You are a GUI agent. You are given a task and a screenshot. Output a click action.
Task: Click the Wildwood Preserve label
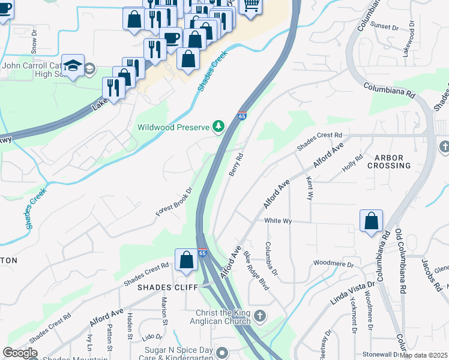pyautogui.click(x=173, y=127)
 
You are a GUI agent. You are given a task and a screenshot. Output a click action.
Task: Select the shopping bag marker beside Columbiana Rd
pyautogui.click(x=372, y=221)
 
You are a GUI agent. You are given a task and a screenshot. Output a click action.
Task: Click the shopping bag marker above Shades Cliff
pyautogui.click(x=186, y=259)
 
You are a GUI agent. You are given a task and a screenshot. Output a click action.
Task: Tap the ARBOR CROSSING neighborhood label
pyautogui.click(x=388, y=161)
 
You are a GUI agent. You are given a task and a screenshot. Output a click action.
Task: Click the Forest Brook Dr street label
pyautogui.click(x=174, y=202)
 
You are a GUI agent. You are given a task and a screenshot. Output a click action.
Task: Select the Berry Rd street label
pyautogui.click(x=235, y=164)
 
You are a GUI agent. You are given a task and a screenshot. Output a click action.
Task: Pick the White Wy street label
pyautogui.click(x=278, y=221)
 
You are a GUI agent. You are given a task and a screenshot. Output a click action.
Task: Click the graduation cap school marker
pyautogui.click(x=73, y=65)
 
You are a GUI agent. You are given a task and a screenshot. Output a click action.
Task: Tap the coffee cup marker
pyautogui.click(x=170, y=38)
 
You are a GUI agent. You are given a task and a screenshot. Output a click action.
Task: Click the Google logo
pyautogui.click(x=20, y=353)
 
